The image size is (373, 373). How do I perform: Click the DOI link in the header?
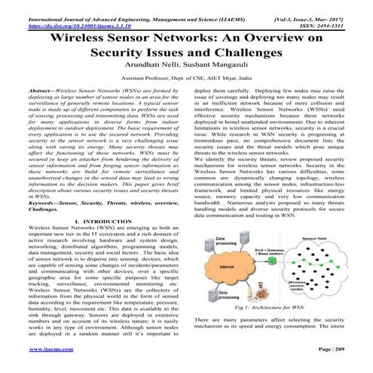point(72,15)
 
